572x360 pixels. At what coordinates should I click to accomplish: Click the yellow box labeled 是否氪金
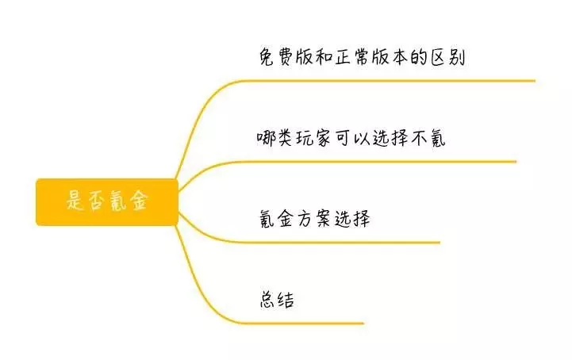pos(107,202)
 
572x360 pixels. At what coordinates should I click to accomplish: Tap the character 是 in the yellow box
pos(75,200)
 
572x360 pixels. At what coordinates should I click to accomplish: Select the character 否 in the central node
pos(95,201)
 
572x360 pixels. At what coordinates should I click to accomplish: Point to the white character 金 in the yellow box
pos(139,201)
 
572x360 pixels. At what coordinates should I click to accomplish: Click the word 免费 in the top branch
pos(277,57)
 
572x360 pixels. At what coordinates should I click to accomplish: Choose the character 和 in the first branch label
pos(323,57)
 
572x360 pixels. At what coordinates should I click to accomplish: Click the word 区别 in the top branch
pos(447,58)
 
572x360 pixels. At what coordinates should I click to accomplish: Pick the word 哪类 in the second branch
pos(274,138)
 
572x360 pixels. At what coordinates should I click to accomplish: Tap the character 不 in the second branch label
pos(420,139)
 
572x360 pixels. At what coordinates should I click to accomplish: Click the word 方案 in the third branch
pos(314,219)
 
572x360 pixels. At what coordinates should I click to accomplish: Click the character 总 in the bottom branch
pos(267,300)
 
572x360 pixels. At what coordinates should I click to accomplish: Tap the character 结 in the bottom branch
pos(286,300)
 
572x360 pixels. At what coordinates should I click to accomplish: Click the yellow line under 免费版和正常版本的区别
pos(386,81)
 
